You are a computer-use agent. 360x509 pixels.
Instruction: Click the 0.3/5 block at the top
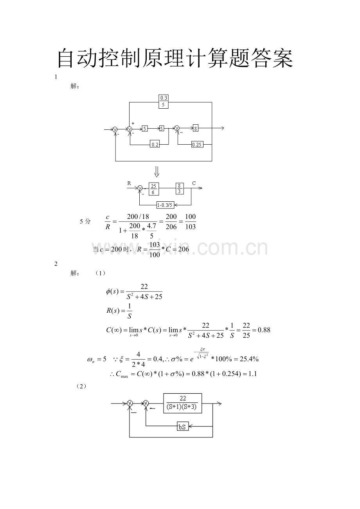(x=163, y=102)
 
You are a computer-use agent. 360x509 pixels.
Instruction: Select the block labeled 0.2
(x=155, y=144)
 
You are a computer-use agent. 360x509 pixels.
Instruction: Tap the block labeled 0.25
(x=197, y=144)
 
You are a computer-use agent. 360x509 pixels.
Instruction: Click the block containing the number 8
(x=195, y=128)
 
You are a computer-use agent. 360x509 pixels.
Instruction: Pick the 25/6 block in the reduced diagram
(x=154, y=189)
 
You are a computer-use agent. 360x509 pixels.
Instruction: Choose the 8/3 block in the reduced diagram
(x=180, y=188)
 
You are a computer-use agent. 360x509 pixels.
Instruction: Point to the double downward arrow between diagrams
(x=157, y=172)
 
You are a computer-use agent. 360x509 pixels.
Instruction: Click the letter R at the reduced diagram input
(x=129, y=183)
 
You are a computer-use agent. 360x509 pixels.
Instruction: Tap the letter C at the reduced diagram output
(x=194, y=183)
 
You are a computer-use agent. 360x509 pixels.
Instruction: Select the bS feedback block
(x=183, y=427)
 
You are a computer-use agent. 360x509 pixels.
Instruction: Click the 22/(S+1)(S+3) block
(x=182, y=403)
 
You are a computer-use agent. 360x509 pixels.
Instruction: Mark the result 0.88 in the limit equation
(x=264, y=330)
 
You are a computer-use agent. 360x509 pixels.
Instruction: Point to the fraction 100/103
(x=190, y=222)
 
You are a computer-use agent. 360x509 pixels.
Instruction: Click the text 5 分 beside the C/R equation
(x=85, y=221)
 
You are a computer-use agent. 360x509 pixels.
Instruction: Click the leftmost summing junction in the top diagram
(x=115, y=129)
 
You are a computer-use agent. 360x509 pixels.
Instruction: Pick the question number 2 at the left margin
(x=56, y=264)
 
